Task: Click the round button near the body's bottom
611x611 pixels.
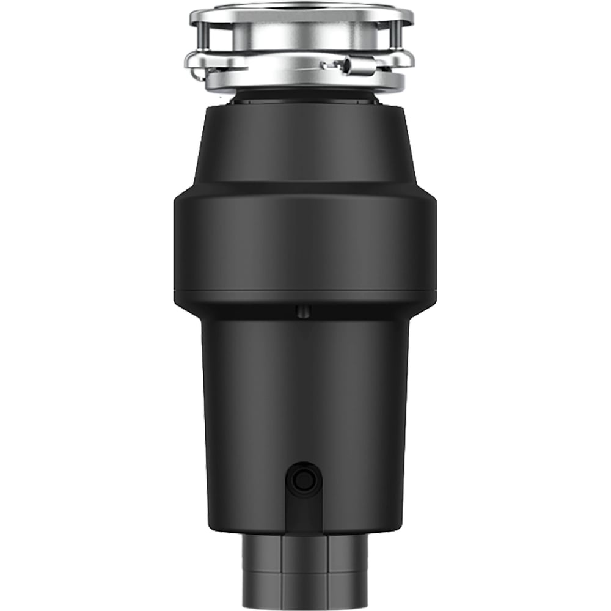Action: (302, 481)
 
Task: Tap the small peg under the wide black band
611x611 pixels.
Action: (301, 312)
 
